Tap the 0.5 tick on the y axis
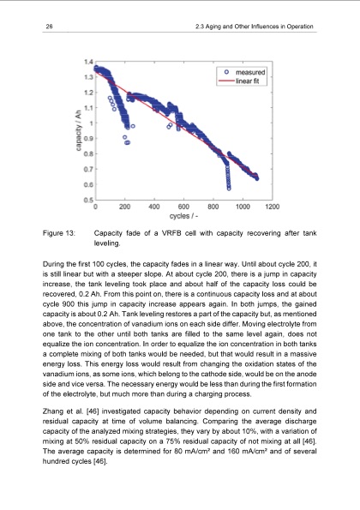(x=88, y=199)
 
